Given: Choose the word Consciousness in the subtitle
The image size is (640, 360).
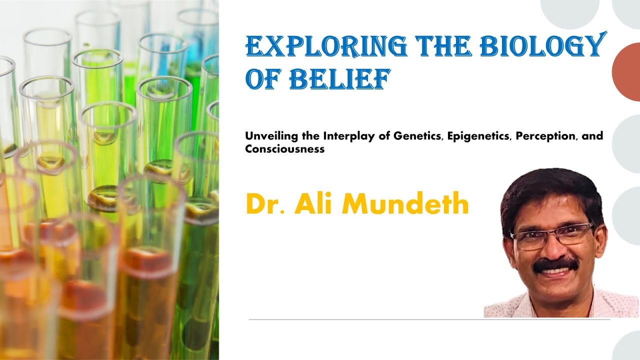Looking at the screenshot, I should click(285, 149).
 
